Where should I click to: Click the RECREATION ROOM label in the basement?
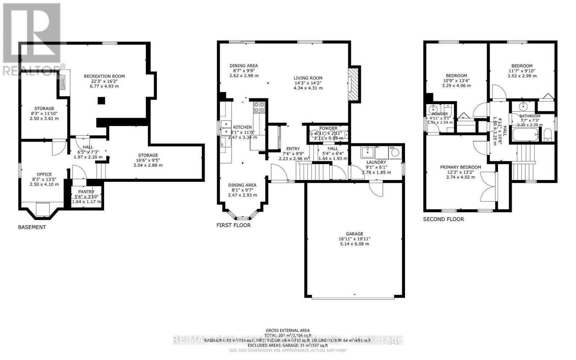point(104,76)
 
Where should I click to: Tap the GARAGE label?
point(355,234)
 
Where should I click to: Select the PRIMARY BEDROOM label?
point(460,167)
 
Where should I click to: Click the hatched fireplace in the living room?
point(352,85)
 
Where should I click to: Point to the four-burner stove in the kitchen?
point(259,107)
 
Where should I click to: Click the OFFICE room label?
point(44,174)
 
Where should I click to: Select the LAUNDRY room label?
point(376,162)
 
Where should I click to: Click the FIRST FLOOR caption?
point(233,225)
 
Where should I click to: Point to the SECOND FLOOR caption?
point(443,219)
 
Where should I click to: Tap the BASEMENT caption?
point(32,227)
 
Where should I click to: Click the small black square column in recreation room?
point(102,101)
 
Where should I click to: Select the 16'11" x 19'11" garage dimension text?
point(355,239)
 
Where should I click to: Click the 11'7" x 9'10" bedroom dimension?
point(522,71)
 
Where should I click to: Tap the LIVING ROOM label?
point(308,78)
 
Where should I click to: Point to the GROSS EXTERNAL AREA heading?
point(288,330)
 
